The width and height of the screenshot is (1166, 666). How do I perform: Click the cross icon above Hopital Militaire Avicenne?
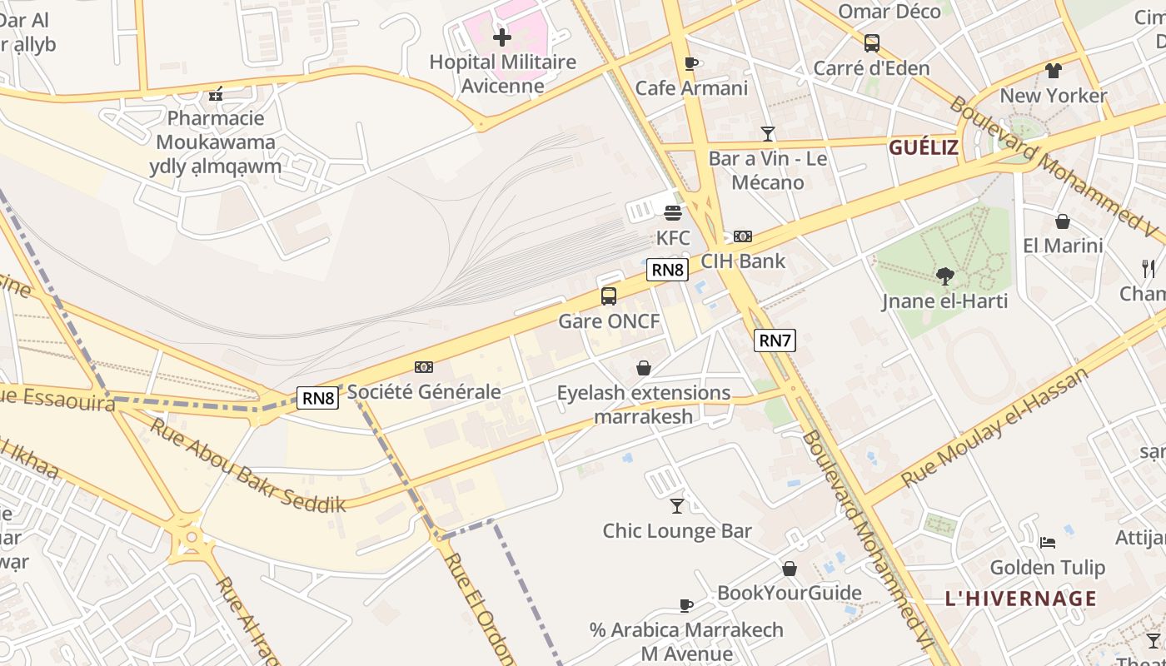coord(502,37)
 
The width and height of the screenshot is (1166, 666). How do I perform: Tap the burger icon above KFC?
coord(673,213)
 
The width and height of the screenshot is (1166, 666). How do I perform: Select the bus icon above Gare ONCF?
coord(609,296)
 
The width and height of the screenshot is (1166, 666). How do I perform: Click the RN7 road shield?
coord(775,340)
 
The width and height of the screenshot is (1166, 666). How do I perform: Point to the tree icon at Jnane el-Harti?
coord(944,276)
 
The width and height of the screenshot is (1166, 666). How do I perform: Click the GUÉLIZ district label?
coord(924,148)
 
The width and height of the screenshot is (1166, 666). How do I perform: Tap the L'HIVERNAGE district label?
coord(1021,599)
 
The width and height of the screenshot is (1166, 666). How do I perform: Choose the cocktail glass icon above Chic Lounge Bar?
coord(677,505)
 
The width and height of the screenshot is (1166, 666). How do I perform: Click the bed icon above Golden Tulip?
coord(1048,543)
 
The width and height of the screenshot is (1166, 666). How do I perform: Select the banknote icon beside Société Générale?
coord(424,367)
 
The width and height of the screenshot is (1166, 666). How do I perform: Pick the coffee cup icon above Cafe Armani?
coord(690,63)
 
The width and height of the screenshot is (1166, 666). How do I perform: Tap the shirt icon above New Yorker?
coord(1054,71)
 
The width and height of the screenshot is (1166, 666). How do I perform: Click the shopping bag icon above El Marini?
coord(1062,221)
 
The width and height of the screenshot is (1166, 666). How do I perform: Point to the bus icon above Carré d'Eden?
coord(871,43)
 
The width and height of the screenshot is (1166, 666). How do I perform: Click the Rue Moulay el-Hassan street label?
coord(995,426)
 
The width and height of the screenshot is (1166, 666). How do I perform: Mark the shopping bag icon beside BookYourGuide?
coord(789,569)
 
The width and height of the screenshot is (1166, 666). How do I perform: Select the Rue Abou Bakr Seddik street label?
coord(247,465)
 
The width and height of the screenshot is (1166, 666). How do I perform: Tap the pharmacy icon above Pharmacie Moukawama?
coord(216,94)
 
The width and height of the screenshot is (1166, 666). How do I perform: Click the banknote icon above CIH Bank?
coord(743,236)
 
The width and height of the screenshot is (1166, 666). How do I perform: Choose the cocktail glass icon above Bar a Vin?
coord(767,133)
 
